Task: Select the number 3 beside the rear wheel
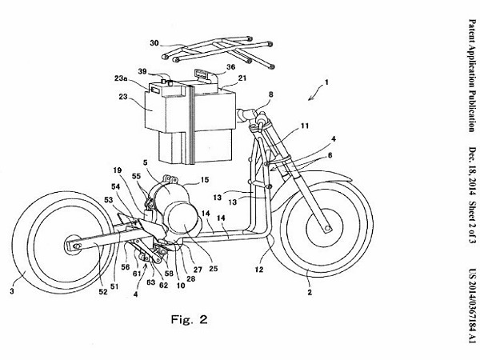[x=12, y=293]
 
